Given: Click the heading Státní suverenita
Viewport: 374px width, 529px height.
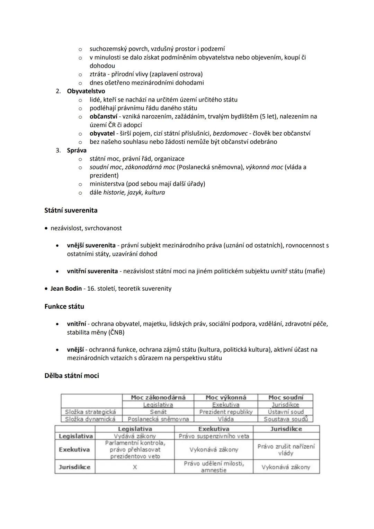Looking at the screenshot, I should tap(71, 210).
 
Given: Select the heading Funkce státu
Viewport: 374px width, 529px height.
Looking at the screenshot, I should tap(64, 306).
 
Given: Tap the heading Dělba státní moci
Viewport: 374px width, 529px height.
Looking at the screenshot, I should tap(72, 376).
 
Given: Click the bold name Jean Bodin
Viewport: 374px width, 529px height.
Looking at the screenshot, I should tap(66, 288).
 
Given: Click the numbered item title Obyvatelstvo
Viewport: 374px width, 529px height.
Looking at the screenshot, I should tap(86, 91).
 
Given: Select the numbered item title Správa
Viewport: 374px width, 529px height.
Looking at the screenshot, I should tap(77, 150).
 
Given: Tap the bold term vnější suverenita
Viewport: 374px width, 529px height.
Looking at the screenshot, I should tap(91, 245).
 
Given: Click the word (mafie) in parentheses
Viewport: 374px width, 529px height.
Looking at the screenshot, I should tap(314, 271).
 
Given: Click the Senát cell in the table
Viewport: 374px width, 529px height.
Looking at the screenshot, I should tap(158, 412).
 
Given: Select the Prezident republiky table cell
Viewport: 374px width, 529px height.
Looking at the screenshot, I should tap(226, 412).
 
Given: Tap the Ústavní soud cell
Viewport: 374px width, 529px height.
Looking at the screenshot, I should tap(285, 412).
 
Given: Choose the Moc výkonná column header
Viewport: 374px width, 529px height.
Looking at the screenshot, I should tap(226, 397).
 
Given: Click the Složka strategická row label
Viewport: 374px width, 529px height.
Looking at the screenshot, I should tap(90, 412).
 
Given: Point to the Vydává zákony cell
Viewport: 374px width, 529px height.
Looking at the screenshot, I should tap(135, 436).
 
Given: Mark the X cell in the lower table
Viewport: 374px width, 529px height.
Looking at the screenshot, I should tap(135, 467).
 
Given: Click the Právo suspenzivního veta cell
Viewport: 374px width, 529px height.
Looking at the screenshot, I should tap(214, 436).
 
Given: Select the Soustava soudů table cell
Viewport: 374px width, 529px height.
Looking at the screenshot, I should tap(285, 419).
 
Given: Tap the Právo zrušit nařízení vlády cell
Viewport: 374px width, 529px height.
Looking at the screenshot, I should tap(286, 450).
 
